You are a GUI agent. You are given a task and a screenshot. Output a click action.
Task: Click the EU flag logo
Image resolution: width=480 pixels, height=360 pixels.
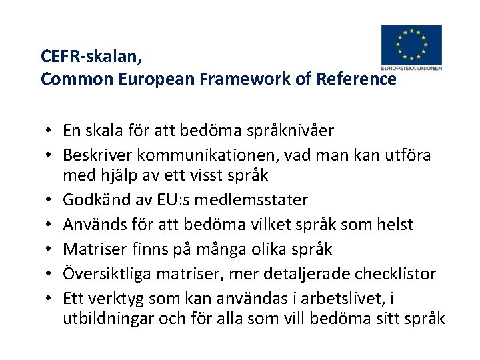pyautogui.click(x=411, y=44)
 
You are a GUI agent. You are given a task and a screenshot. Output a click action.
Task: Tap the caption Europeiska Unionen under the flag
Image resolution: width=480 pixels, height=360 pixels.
pyautogui.click(x=411, y=68)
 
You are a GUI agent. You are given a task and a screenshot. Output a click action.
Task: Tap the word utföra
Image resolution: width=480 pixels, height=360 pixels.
pyautogui.click(x=407, y=155)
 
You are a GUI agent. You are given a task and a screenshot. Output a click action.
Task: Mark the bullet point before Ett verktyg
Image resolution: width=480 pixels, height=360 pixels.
pyautogui.click(x=51, y=299)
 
